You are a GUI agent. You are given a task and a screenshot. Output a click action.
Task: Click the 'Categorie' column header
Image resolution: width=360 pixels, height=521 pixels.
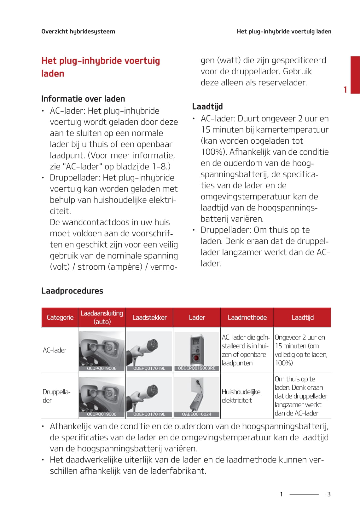coord(60,317)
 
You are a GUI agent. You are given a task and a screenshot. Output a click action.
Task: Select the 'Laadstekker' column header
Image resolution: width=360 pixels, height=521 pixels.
coord(149,317)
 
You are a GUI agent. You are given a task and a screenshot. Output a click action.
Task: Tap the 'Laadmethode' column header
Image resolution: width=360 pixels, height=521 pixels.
coord(247,317)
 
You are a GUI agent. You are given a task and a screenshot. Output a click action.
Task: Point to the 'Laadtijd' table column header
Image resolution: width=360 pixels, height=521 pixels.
coord(302,317)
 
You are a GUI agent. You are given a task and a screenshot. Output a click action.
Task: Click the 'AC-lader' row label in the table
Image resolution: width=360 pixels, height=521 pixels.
coord(55,350)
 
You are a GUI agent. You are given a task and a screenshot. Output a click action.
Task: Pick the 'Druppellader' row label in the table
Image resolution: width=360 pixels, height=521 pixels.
coord(56,396)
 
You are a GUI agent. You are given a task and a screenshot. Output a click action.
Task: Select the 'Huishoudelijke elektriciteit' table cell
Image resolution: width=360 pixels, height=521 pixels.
coord(241,396)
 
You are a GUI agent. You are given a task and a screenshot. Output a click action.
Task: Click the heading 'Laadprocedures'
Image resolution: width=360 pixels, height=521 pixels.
coord(72,290)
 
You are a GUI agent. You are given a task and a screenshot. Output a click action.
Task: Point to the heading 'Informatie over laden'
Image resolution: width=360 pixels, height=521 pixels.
coord(83,99)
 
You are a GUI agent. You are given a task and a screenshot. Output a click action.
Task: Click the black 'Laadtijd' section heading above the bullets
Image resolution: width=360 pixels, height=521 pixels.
coord(207,106)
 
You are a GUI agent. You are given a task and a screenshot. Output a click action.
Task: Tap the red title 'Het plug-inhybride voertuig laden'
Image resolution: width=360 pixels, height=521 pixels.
coord(100,67)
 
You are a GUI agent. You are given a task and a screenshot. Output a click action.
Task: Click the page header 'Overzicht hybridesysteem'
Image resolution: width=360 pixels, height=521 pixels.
coord(78,31)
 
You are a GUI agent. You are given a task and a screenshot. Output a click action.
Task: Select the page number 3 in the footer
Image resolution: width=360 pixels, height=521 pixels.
coord(329,494)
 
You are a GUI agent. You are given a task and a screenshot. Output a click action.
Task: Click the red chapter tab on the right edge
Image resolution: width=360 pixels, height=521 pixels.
coord(355,75)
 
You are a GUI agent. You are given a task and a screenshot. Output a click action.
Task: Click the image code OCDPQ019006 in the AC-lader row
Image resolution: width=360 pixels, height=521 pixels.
coord(102,368)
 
